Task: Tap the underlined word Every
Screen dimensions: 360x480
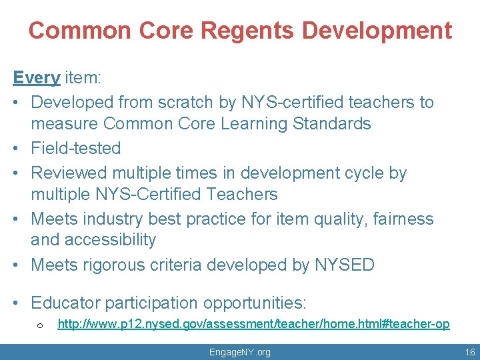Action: pyautogui.click(x=37, y=78)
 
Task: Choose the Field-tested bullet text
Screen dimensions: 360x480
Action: pyautogui.click(x=76, y=148)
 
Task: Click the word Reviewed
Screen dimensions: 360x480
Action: pyautogui.click(x=69, y=173)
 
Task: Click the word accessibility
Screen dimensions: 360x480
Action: pyautogui.click(x=113, y=239)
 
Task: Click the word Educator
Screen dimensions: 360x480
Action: pyautogui.click(x=67, y=303)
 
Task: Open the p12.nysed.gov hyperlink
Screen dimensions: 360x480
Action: pyautogui.click(x=253, y=324)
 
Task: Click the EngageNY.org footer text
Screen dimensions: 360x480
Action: pyautogui.click(x=240, y=352)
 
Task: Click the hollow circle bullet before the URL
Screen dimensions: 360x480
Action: pyautogui.click(x=40, y=325)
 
